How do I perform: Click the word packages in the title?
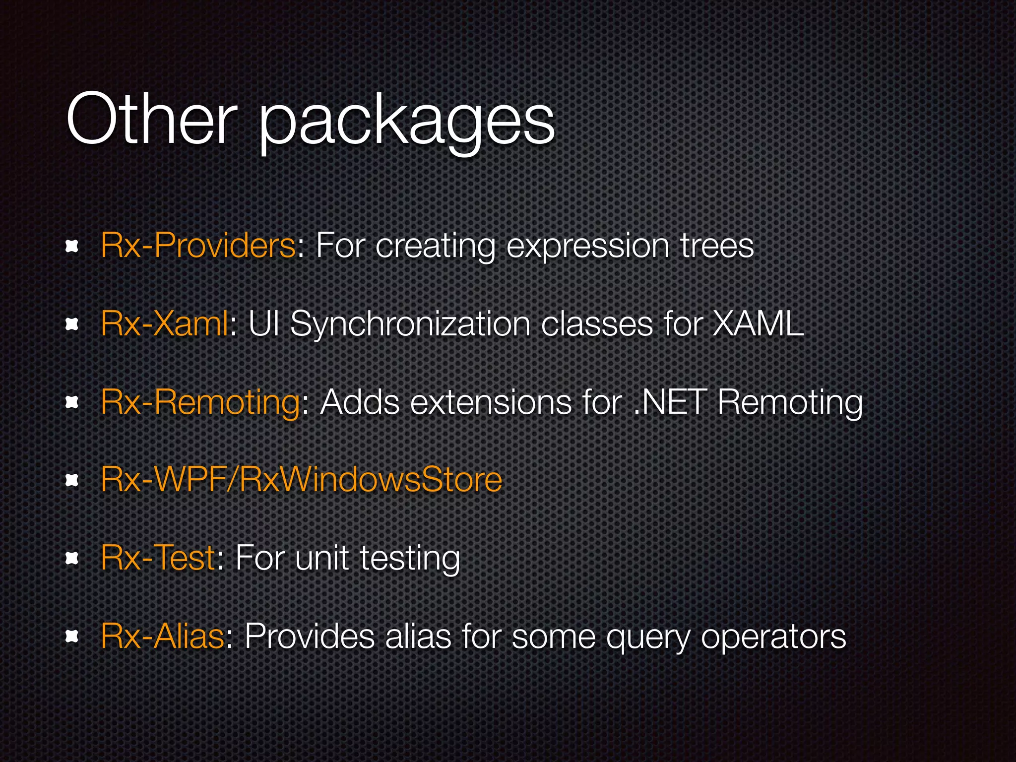(x=407, y=122)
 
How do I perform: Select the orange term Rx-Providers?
(x=198, y=245)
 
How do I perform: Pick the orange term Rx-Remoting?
(x=200, y=402)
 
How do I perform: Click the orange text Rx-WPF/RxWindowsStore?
(x=301, y=480)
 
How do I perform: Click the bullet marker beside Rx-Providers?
(x=72, y=247)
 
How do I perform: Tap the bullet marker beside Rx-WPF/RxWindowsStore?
(x=72, y=480)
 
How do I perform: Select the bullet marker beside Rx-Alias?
(x=72, y=636)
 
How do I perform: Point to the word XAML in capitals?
(x=758, y=323)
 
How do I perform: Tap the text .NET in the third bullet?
(x=670, y=402)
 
